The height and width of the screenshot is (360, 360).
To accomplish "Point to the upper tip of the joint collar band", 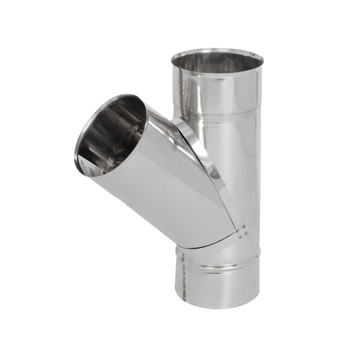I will point(178,122).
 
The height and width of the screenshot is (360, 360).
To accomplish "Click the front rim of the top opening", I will point(216,73).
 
